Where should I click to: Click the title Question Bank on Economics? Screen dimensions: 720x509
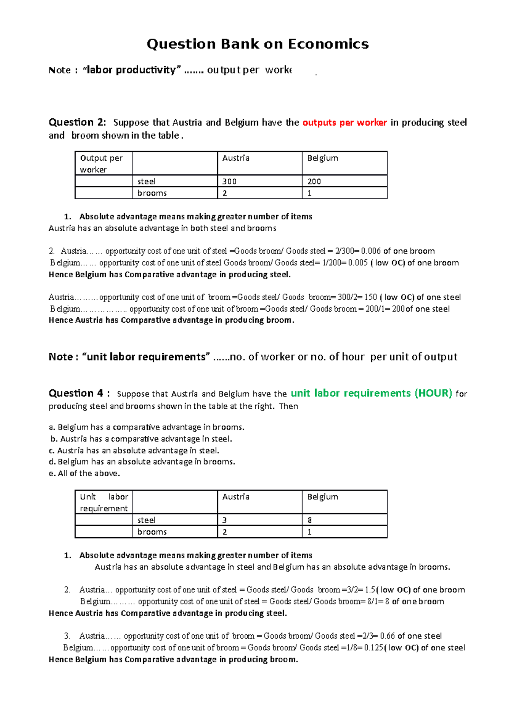pos(257,44)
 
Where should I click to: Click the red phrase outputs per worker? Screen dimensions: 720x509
pos(344,123)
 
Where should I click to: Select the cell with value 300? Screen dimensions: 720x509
pos(259,181)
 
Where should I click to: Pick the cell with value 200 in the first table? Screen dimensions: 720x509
pos(344,181)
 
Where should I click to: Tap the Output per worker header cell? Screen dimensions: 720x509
pos(103,164)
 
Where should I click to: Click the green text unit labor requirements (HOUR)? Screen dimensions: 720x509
pos(371,393)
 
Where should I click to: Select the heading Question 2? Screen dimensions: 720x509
pos(78,123)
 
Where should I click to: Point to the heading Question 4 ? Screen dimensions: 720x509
pos(79,393)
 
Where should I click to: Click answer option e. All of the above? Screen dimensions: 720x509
pos(84,474)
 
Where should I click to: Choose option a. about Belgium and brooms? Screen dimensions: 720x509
pos(147,427)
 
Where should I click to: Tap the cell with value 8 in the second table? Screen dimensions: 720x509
pos(344,520)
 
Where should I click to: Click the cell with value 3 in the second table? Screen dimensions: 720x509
pos(259,520)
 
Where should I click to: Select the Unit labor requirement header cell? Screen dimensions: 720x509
pos(103,502)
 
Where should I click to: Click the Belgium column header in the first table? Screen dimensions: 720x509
pos(344,163)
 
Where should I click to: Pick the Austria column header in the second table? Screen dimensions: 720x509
pos(259,502)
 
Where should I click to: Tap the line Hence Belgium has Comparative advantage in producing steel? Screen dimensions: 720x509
pos(170,275)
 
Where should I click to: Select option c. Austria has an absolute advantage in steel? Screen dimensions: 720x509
pos(134,451)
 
